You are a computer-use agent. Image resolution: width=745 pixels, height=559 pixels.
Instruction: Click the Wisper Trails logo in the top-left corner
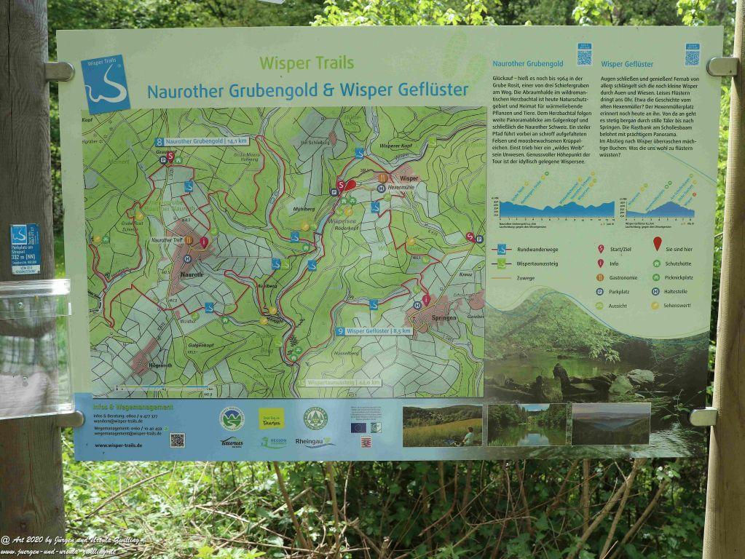[106, 84]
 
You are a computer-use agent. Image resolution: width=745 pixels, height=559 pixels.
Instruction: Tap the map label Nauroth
[192, 274]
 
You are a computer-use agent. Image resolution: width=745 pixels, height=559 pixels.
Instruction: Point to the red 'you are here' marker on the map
[351, 186]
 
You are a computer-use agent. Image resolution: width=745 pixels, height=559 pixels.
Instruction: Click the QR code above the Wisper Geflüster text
[691, 55]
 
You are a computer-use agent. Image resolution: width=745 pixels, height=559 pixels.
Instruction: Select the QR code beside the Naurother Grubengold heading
[584, 55]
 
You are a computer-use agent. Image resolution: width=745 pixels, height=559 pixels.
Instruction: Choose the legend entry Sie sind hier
[680, 249]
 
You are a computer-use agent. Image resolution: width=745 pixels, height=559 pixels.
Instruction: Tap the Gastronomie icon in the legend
[601, 277]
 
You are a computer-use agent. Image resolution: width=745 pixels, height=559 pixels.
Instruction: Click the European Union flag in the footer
[358, 427]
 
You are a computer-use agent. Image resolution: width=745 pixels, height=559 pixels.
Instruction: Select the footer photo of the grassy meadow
[442, 425]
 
